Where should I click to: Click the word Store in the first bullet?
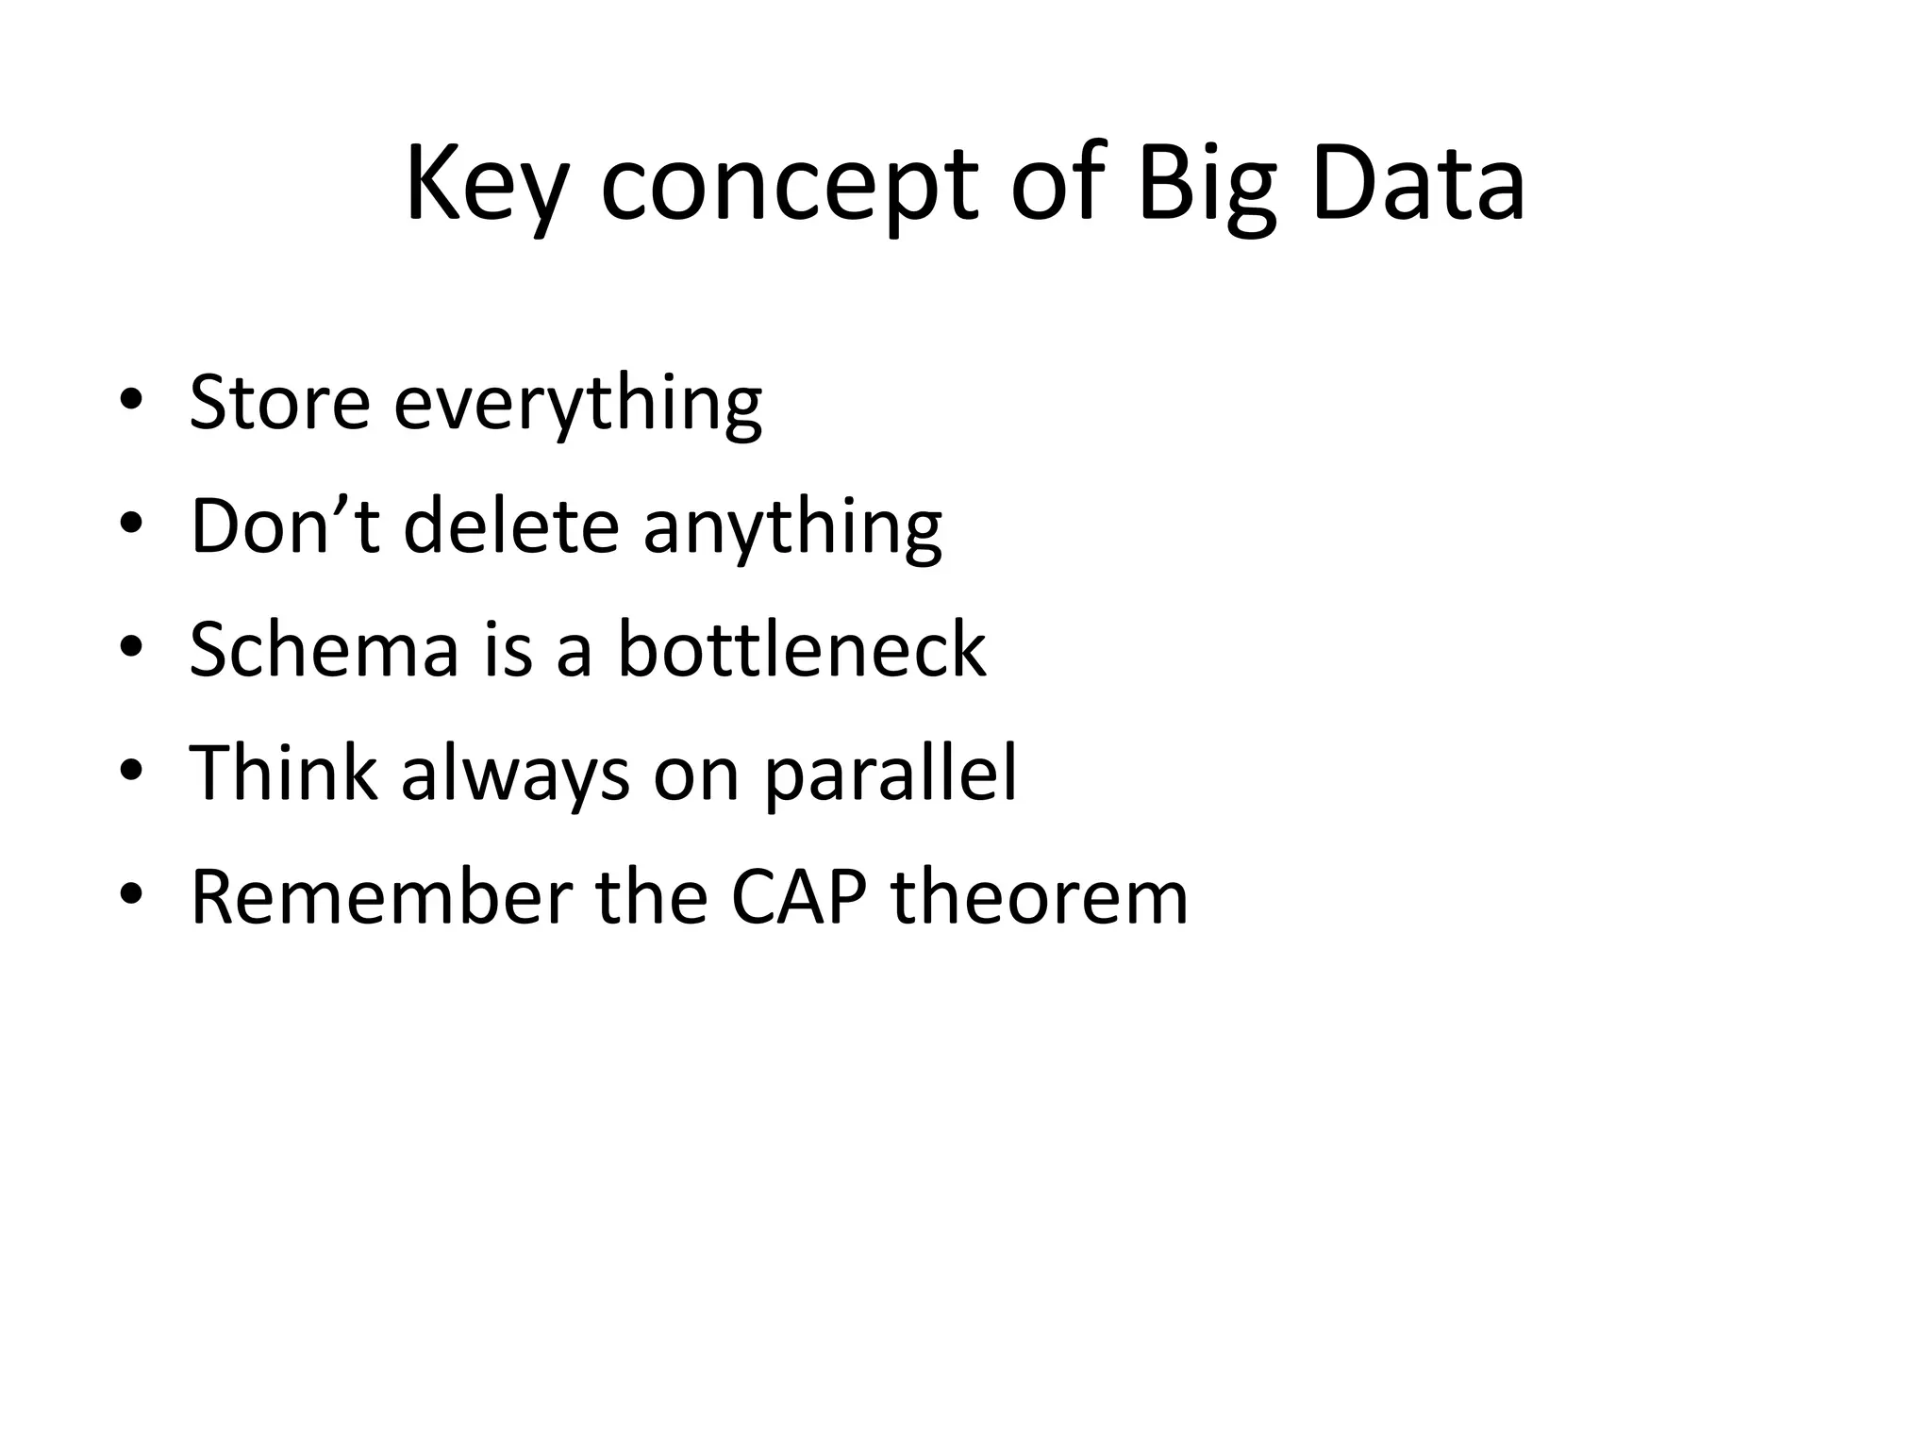279,403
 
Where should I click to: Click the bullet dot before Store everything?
131,399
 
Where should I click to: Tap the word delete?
511,525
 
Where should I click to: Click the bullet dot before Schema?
131,647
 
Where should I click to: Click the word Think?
283,773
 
